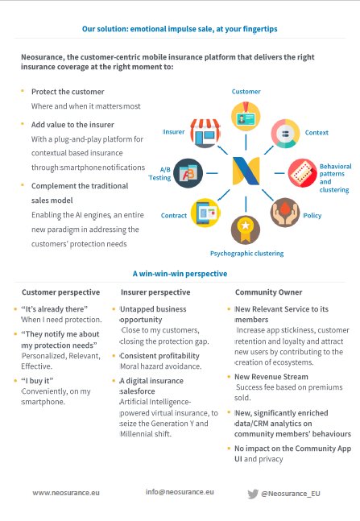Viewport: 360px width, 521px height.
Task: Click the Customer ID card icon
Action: (246, 116)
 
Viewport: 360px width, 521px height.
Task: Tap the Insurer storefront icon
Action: (205, 133)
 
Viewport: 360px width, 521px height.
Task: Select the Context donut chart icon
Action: (286, 133)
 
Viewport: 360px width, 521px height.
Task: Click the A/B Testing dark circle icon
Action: (188, 173)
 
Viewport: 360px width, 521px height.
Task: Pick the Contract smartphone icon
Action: (205, 213)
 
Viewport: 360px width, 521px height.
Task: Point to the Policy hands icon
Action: (285, 213)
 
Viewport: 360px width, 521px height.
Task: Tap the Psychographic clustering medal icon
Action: (246, 230)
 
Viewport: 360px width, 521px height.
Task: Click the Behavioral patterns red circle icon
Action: (302, 173)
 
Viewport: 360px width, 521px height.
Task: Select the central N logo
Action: (246, 171)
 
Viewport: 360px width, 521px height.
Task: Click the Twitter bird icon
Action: (253, 494)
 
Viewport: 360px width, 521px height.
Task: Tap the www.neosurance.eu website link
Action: (66, 493)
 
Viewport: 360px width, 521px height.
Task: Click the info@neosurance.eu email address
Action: (180, 492)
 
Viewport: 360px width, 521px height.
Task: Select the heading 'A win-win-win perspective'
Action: (180, 274)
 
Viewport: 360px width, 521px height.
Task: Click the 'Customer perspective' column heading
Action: (61, 292)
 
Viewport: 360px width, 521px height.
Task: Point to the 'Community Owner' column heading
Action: (268, 292)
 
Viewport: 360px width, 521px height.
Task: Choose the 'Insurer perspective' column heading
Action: (155, 292)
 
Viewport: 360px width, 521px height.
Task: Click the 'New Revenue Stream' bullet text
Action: (271, 377)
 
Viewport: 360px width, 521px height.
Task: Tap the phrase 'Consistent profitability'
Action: (159, 356)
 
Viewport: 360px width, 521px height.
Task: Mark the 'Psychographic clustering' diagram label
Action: (246, 254)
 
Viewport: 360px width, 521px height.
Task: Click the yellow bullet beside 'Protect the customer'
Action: (23, 90)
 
